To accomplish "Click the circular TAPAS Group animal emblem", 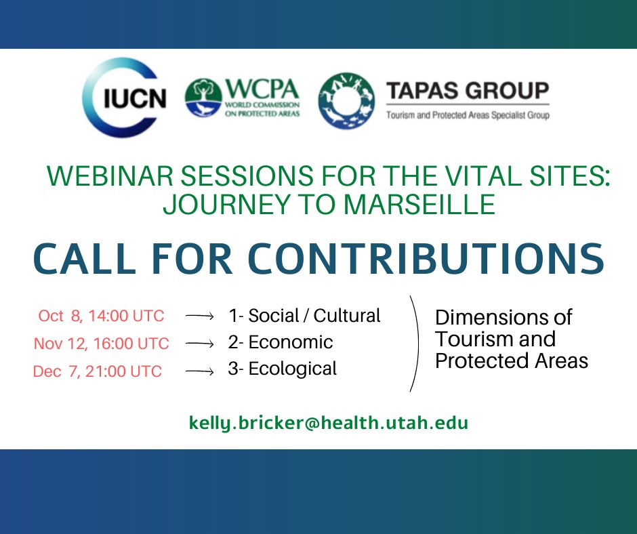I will [347, 100].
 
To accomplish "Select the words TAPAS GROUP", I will [467, 91].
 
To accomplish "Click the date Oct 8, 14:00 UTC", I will [101, 316].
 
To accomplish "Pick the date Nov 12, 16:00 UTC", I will [101, 344].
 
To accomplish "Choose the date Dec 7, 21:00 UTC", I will [98, 371].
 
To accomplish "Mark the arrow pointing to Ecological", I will [200, 371].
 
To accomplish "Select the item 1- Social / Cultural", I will [304, 316].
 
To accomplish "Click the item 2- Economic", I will [281, 342].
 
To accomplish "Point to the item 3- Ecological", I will [283, 369].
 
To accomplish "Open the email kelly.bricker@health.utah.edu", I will [329, 424].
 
